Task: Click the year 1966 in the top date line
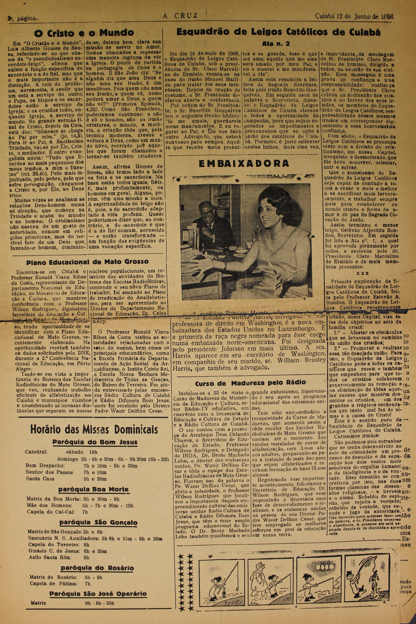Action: tap(387, 17)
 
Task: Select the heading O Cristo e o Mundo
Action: tap(84, 33)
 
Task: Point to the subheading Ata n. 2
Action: tap(276, 43)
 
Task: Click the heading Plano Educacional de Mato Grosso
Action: tap(87, 262)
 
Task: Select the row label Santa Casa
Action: tap(40, 479)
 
